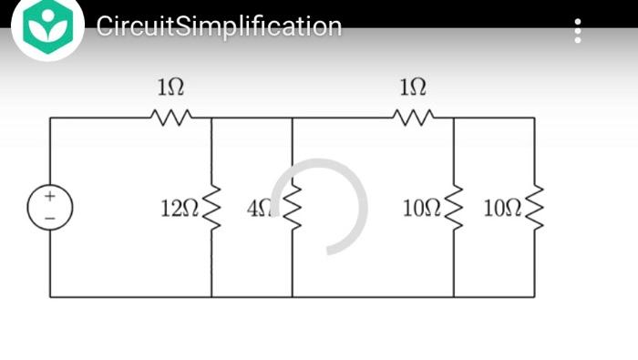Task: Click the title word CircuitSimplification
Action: coord(219,26)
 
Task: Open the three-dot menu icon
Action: coord(578,31)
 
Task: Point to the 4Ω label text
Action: coord(259,209)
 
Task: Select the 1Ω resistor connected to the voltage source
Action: coord(170,117)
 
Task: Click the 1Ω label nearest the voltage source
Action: coord(170,87)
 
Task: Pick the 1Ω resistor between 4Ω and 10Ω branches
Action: coord(413,117)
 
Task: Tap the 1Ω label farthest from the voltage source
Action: coord(413,87)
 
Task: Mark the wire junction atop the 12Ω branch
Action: coord(211,118)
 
